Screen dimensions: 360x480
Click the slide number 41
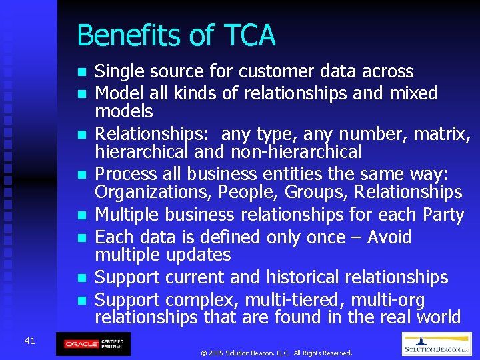coord(29,341)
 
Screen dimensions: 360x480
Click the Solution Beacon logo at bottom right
coord(437,344)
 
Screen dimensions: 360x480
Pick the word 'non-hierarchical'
coord(296,152)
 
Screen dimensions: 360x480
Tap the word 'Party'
coord(443,215)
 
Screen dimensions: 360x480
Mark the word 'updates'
coord(197,255)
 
